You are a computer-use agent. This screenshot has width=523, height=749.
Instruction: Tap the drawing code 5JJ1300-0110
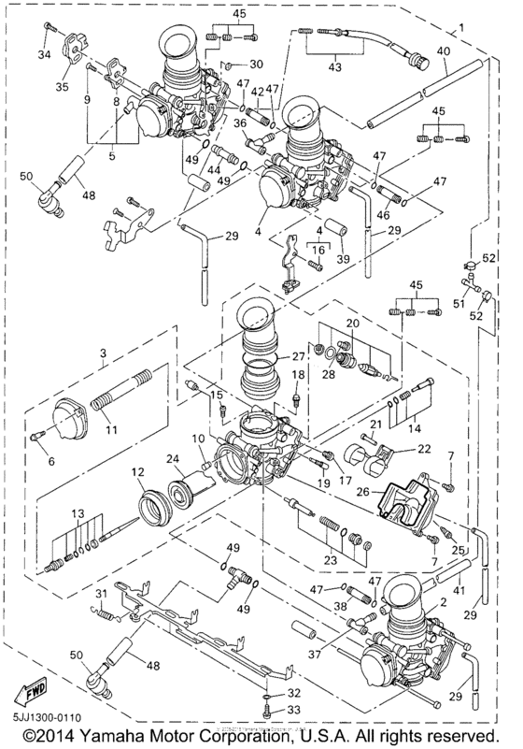(43, 718)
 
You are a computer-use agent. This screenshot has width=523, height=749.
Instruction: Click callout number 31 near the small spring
(102, 595)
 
